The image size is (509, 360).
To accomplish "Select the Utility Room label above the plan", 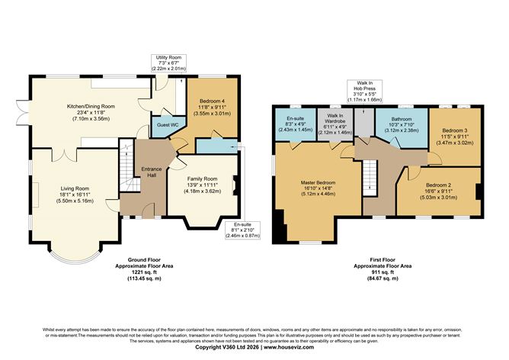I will click(168, 56).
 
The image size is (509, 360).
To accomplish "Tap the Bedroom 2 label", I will click(439, 186).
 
